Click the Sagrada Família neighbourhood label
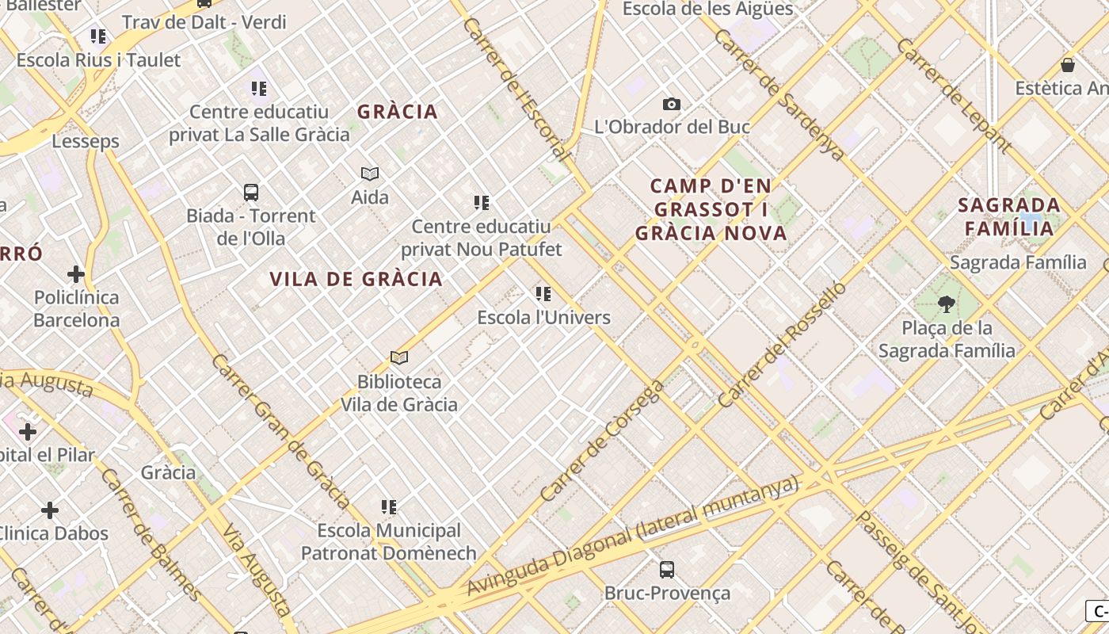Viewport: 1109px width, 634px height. pos(1008,216)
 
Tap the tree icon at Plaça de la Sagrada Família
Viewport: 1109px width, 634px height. pos(946,304)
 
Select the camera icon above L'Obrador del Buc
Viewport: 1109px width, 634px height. pos(671,104)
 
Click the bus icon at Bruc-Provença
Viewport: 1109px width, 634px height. pos(667,569)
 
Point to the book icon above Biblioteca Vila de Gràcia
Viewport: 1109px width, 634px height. pos(399,358)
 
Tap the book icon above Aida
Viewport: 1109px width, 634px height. pos(370,174)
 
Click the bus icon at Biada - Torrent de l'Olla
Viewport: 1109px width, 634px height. pos(251,193)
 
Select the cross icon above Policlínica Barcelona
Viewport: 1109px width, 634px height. pos(76,274)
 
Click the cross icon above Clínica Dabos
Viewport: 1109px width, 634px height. pos(50,510)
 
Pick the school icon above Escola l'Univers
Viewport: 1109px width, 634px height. pos(543,294)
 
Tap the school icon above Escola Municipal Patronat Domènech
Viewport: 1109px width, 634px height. pos(388,506)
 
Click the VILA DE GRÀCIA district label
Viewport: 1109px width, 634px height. pos(356,279)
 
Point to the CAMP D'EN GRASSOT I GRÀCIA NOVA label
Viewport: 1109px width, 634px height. pos(711,209)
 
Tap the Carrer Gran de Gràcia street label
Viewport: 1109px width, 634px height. pos(280,431)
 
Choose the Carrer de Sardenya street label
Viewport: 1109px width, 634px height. pos(779,95)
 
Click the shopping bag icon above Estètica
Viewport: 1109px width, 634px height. pos(1068,65)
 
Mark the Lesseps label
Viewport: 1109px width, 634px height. pos(86,141)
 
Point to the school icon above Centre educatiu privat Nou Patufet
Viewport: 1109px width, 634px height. pos(481,203)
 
